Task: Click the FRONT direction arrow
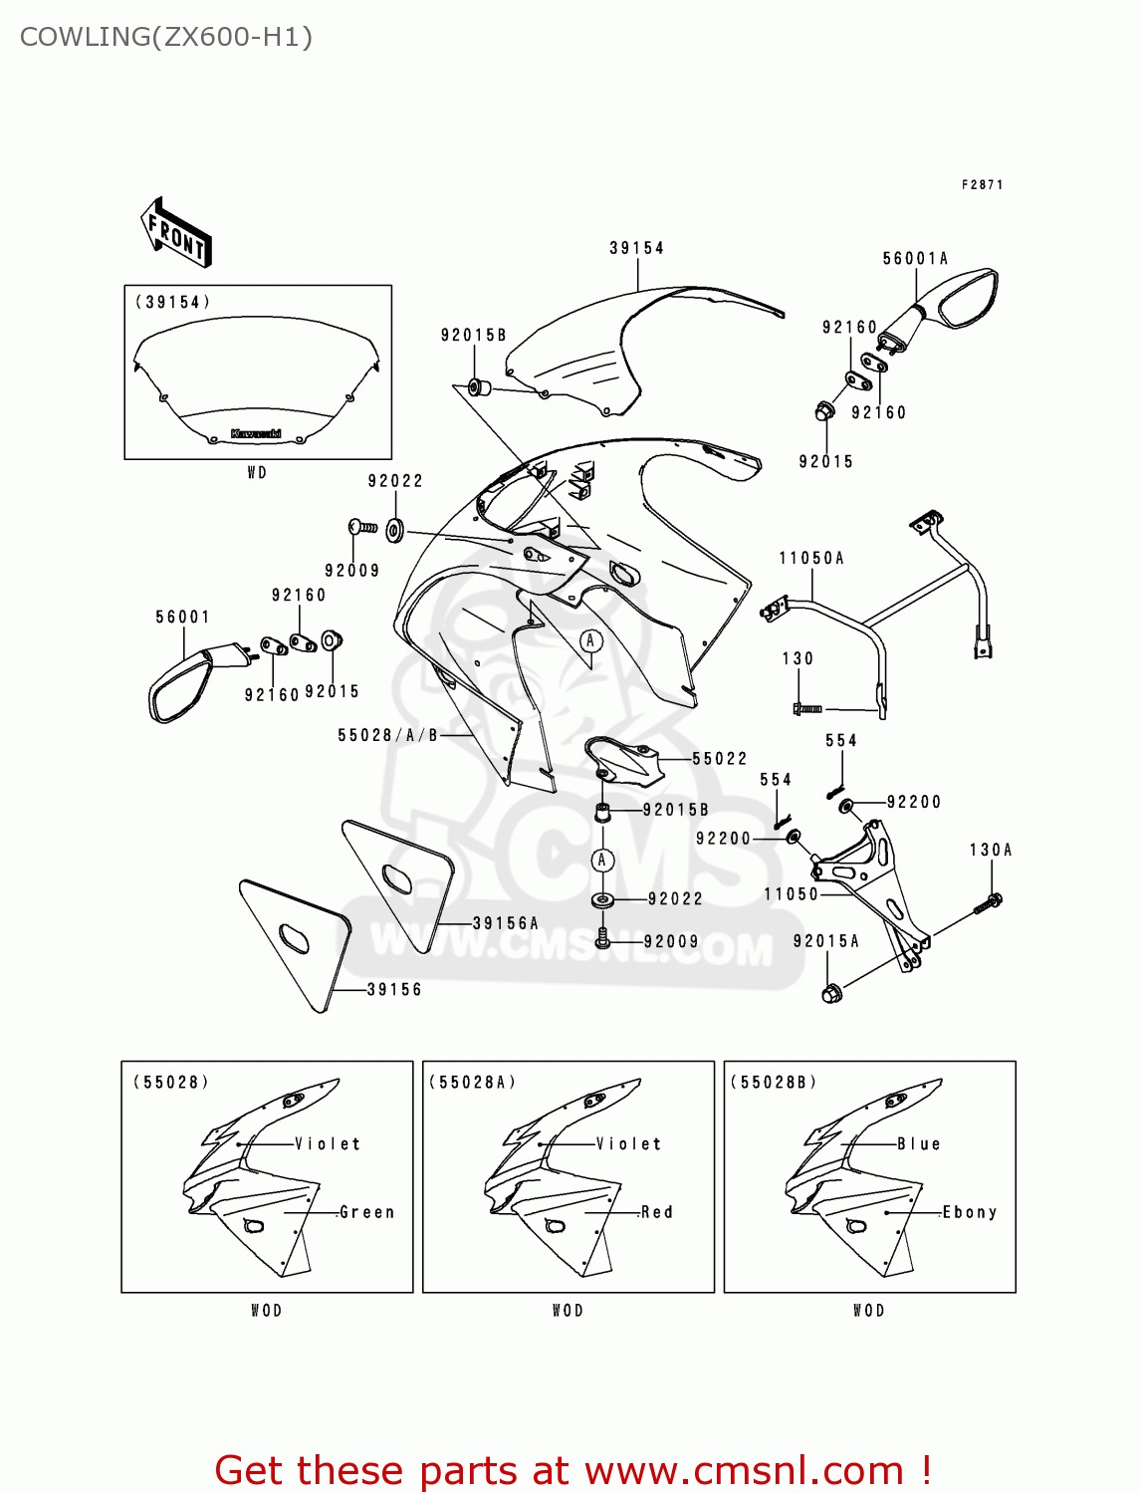tap(176, 233)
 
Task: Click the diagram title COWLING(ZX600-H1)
tap(166, 37)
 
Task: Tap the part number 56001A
tap(915, 259)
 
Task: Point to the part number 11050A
tap(811, 559)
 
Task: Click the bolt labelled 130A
tap(990, 903)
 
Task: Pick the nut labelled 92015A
tap(831, 992)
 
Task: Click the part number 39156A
tap(505, 923)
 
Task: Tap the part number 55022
tap(719, 759)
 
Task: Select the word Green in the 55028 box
tap(367, 1212)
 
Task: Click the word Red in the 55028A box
tap(657, 1212)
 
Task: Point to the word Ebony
tap(970, 1212)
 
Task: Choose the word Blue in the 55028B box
tap(919, 1143)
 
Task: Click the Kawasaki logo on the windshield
tap(256, 433)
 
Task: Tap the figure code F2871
tap(982, 185)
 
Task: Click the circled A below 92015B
tap(602, 860)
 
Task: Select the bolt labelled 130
tap(806, 708)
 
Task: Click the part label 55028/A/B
tap(388, 735)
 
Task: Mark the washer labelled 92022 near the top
tap(394, 529)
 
